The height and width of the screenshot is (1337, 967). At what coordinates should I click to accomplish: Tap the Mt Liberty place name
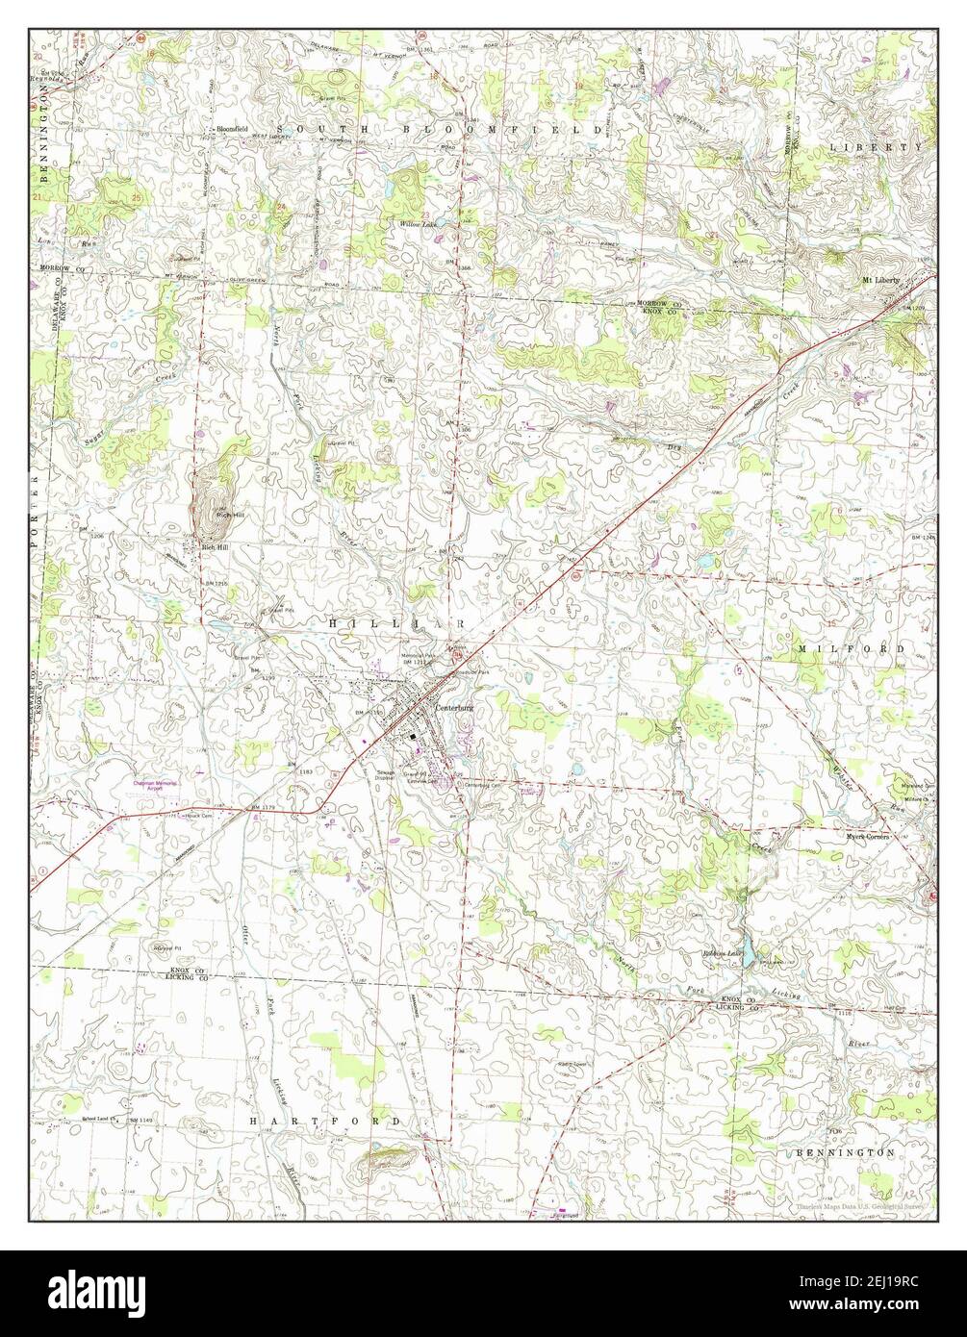tap(882, 282)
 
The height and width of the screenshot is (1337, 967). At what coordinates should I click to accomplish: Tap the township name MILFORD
tap(851, 650)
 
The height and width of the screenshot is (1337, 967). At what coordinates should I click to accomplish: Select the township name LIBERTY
tap(876, 146)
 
